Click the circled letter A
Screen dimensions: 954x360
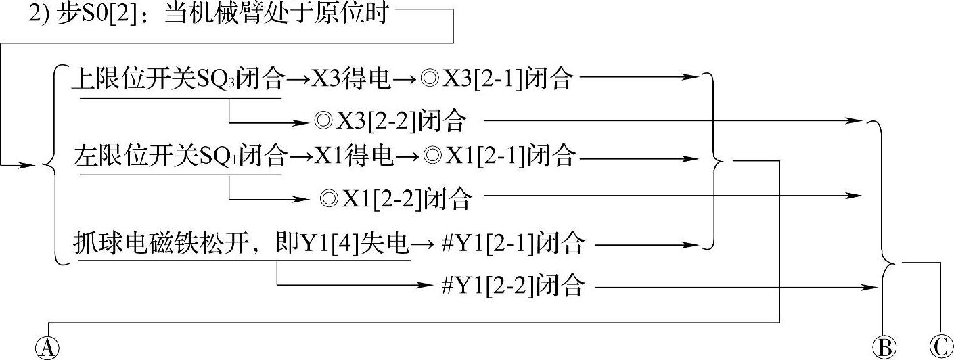click(47, 348)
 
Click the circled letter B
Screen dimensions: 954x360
click(883, 348)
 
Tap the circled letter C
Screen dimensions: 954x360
click(939, 348)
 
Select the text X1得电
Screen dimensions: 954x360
click(353, 158)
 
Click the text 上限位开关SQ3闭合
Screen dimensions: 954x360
click(179, 80)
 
